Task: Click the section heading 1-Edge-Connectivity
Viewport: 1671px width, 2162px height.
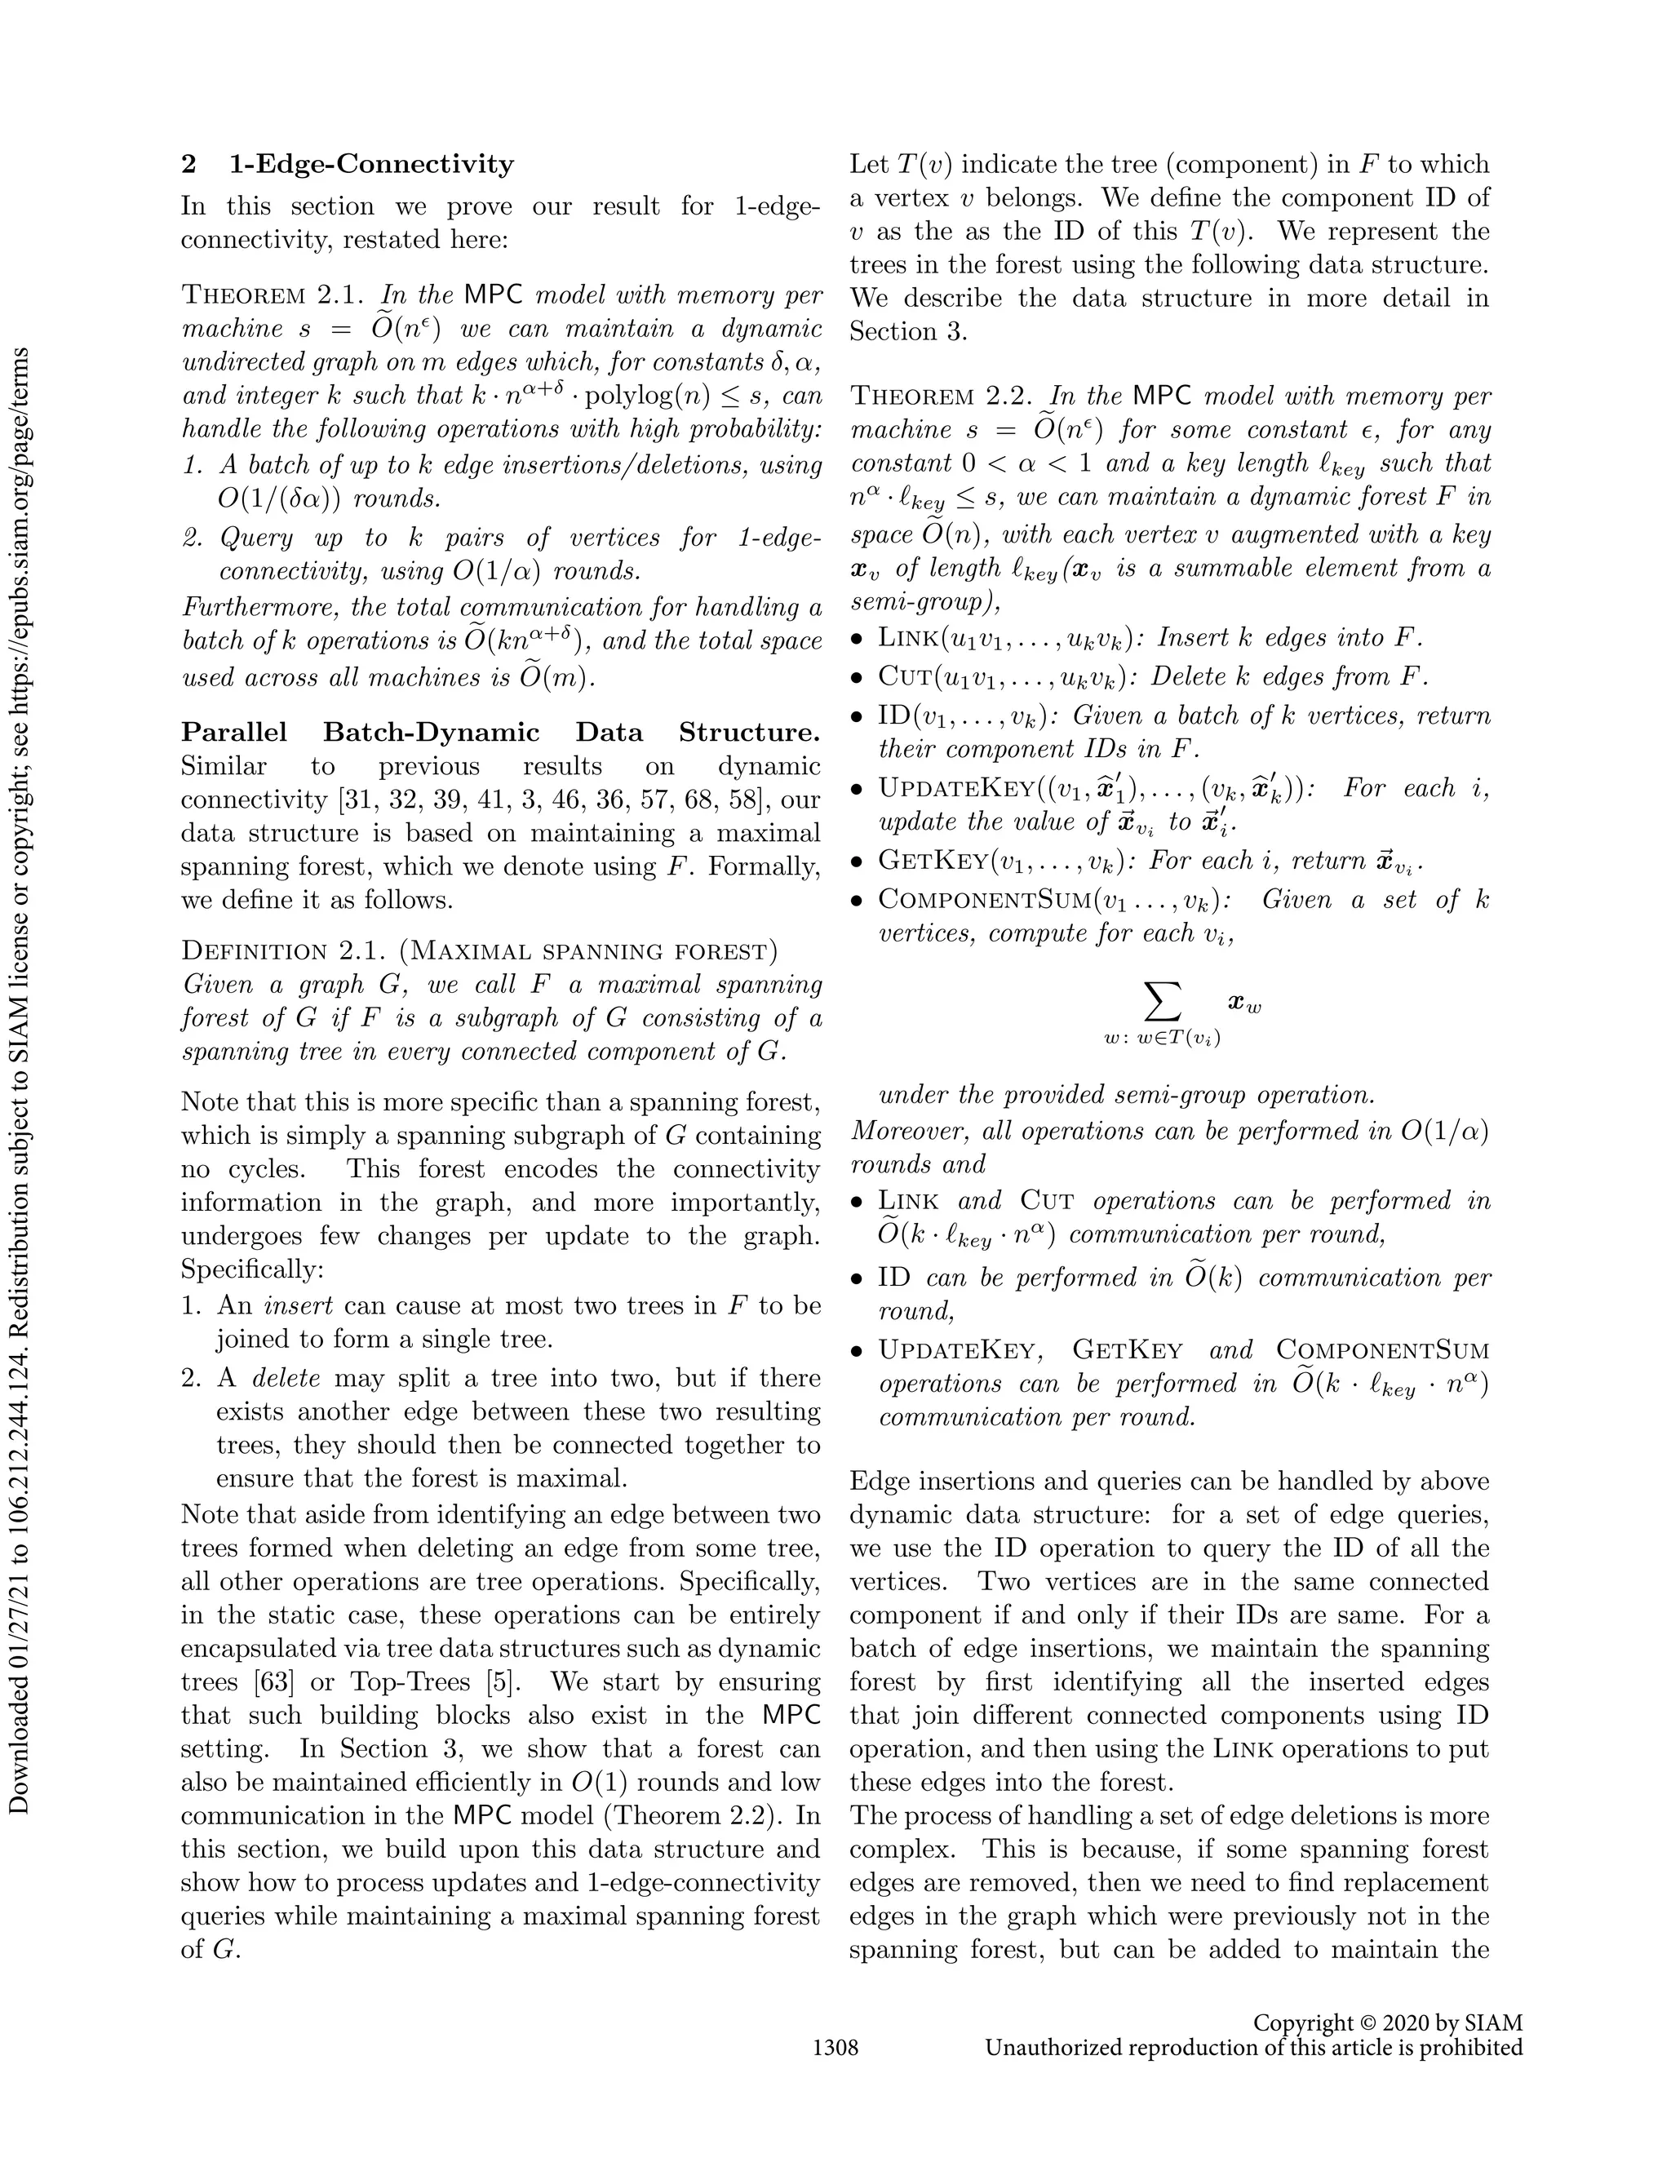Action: pos(371,164)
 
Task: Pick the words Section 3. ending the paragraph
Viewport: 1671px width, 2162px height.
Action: pos(906,331)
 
